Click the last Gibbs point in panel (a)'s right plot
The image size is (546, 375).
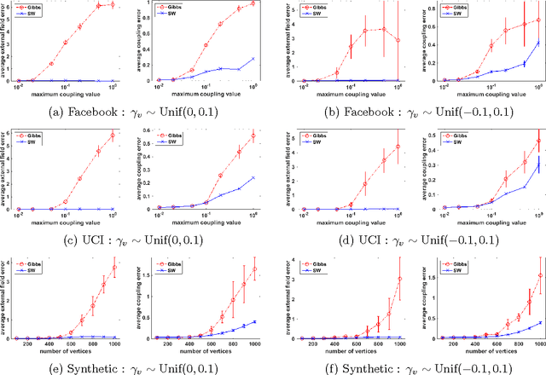tap(253, 3)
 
